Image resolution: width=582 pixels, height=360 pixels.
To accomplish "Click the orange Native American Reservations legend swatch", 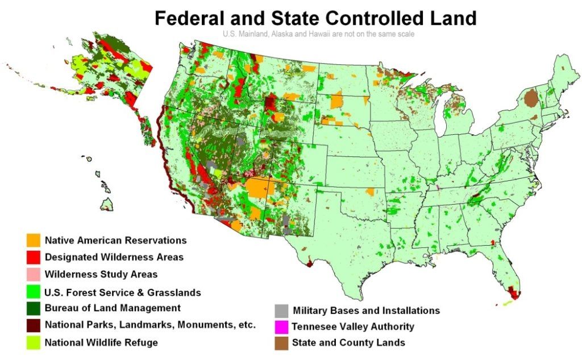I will (33, 240).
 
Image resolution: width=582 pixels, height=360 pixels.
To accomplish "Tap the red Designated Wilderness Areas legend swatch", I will (33, 257).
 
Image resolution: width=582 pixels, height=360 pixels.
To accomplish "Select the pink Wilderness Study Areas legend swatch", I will (33, 274).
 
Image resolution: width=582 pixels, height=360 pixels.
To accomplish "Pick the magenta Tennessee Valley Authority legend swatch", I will (281, 327).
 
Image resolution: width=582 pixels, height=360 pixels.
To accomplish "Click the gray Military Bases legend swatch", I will (281, 311).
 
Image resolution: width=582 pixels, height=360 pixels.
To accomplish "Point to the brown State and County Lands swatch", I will (281, 343).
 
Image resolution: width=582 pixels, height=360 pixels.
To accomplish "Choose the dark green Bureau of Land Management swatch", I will (33, 308).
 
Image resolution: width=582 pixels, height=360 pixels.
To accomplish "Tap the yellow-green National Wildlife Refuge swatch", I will (33, 342).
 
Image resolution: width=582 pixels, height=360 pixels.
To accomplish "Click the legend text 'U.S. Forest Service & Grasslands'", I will (123, 293).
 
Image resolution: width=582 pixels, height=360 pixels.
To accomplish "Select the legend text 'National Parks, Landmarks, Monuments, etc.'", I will (150, 325).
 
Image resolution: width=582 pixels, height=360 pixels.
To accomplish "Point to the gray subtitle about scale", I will (318, 34).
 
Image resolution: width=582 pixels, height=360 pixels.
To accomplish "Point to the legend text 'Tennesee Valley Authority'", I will (353, 327).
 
